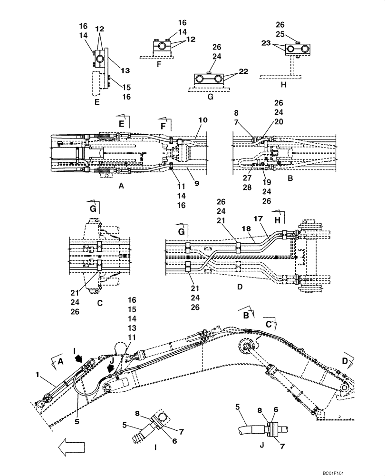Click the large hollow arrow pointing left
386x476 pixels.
72,447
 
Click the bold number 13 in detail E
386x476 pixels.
125,70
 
